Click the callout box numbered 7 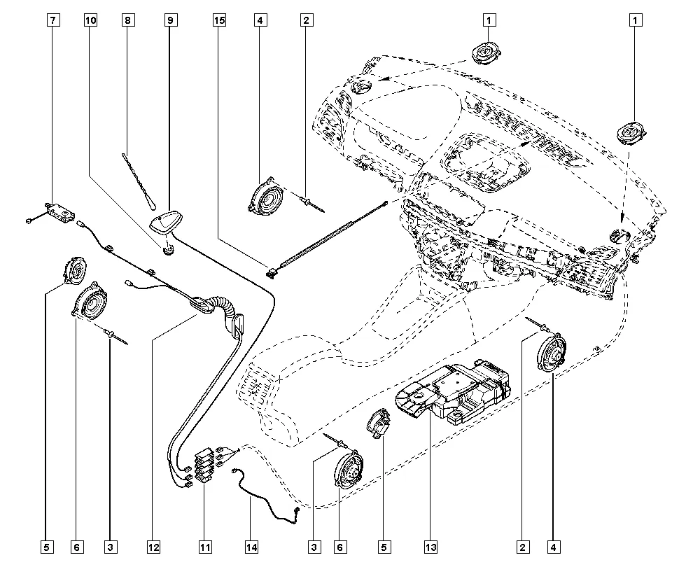(52, 20)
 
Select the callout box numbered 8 (127, 20)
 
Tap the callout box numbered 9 (170, 20)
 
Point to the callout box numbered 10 (90, 20)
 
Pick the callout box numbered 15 (220, 20)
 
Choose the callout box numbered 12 (153, 546)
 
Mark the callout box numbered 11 (204, 546)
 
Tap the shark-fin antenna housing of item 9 (166, 222)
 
